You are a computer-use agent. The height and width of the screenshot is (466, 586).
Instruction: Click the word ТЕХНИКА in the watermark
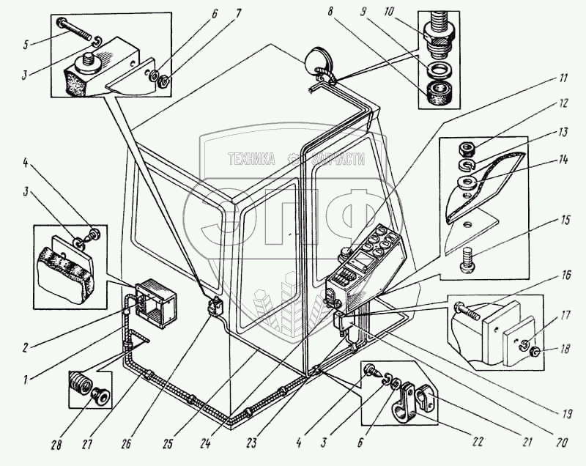coord(251,158)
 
